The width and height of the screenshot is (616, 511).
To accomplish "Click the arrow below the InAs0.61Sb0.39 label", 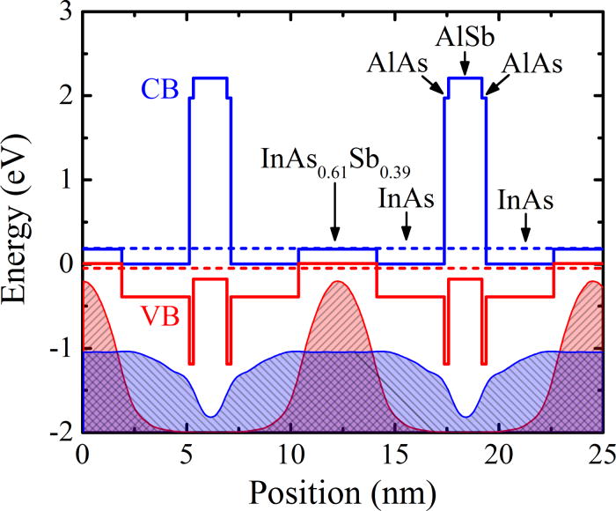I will [x=334, y=220].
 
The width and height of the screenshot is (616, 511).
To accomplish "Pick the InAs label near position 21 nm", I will [x=524, y=199].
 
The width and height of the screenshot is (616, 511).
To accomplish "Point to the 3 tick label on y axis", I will [x=64, y=11].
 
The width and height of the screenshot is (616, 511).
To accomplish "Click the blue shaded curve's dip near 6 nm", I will [x=211, y=416].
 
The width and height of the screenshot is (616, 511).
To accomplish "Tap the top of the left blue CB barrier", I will [x=211, y=78].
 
